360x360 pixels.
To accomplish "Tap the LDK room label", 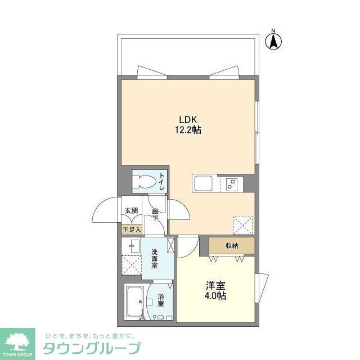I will [188, 119].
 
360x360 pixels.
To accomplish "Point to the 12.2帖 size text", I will [188, 130].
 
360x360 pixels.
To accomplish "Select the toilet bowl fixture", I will [143, 182].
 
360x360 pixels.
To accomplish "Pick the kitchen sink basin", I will [201, 183].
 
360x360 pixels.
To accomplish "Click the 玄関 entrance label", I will [131, 211].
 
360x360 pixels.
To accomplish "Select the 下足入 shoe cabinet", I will [132, 229].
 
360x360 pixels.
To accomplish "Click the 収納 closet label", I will [232, 245].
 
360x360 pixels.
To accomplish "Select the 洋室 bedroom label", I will [215, 285].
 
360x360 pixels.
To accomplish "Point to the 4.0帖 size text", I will [215, 296].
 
